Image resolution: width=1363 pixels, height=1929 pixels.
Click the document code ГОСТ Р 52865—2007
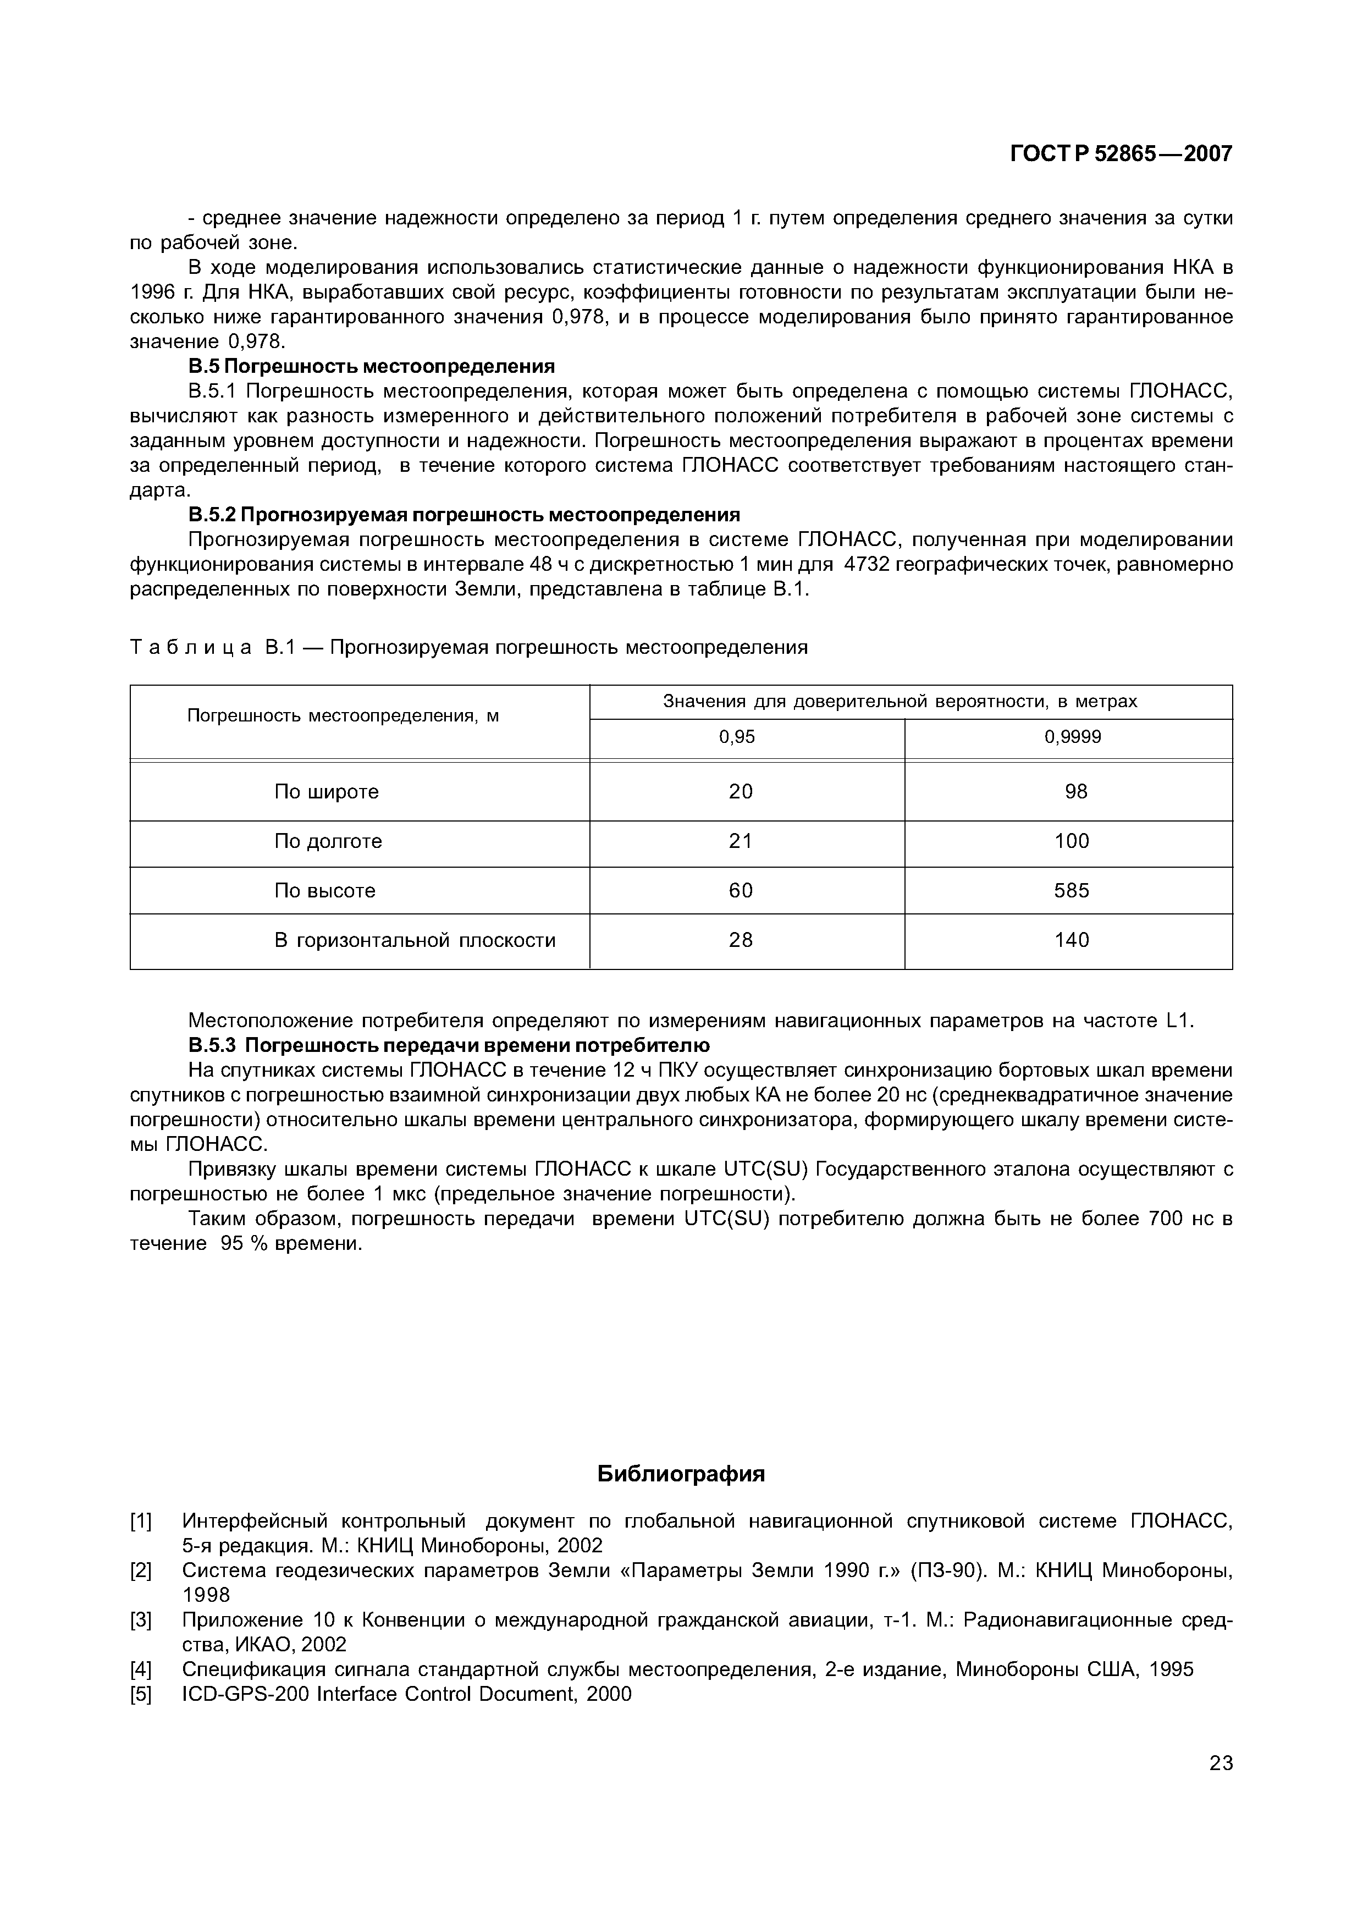[x=1121, y=154]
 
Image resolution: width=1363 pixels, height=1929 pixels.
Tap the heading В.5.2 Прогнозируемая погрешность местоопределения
[x=463, y=514]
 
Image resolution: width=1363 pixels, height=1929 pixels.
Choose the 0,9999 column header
[x=1073, y=737]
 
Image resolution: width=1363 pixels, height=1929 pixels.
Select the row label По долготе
[x=328, y=841]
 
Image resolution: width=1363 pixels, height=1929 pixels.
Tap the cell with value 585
[x=1072, y=891]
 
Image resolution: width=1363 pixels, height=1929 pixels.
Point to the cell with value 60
[x=740, y=891]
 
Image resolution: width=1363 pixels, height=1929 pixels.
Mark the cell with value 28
[x=740, y=940]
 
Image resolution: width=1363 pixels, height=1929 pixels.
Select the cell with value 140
[x=1072, y=940]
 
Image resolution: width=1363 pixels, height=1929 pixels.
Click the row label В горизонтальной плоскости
[x=415, y=940]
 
